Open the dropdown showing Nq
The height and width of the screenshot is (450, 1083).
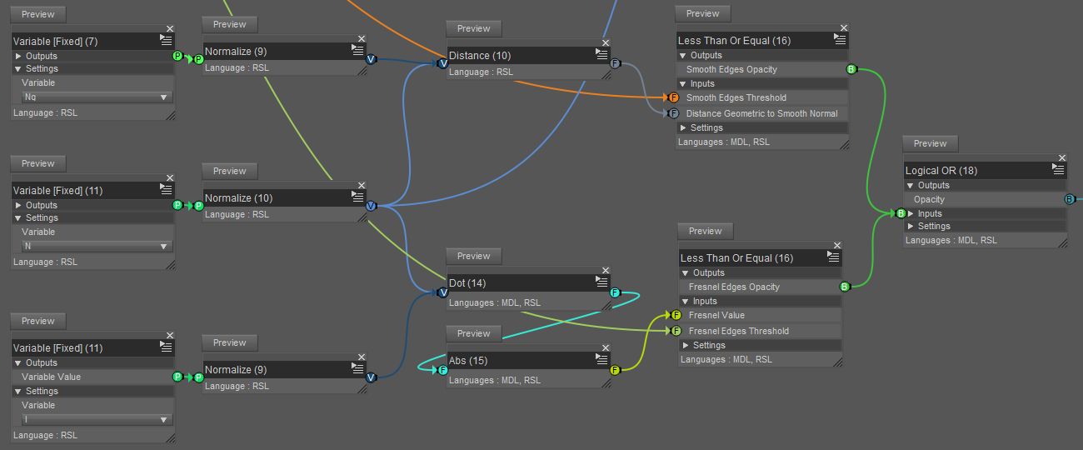97,97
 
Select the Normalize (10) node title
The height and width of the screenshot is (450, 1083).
239,198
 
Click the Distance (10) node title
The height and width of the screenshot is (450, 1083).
480,56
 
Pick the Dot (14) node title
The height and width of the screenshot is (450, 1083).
467,283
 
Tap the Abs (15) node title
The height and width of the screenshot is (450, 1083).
468,361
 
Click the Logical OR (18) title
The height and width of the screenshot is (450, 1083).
941,171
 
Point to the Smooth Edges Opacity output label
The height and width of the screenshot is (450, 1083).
731,69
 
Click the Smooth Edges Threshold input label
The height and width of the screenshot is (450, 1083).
736,98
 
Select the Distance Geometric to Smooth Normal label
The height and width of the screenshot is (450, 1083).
761,113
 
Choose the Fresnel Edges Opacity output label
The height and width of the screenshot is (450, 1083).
734,287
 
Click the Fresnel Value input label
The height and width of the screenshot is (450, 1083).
716,315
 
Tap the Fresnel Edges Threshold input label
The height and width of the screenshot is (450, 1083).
738,331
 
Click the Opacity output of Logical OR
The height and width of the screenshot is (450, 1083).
929,199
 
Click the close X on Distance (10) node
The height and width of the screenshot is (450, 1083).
606,42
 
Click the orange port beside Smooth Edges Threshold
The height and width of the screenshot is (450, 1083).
674,98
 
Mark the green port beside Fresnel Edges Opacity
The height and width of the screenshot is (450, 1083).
844,287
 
